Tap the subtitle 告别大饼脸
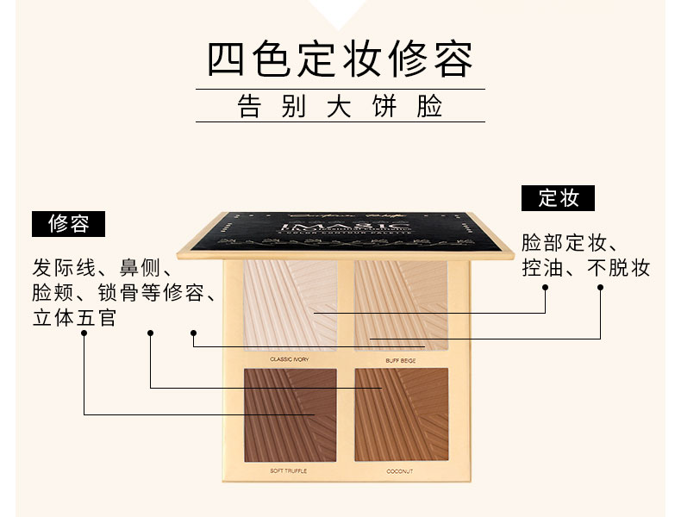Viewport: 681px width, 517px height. tap(340, 106)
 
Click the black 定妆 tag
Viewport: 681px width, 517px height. tap(558, 198)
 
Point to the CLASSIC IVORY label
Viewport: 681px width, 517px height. tap(289, 359)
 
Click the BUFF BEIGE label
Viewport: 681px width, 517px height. tap(401, 359)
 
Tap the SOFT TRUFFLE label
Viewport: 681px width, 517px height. tap(289, 471)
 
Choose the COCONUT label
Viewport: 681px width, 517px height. tap(401, 471)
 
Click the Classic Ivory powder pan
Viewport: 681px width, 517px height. tap(290, 304)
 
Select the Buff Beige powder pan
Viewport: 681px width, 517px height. tap(401, 304)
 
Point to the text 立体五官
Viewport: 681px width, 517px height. tap(74, 317)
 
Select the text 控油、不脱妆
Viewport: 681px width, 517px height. tap(585, 268)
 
